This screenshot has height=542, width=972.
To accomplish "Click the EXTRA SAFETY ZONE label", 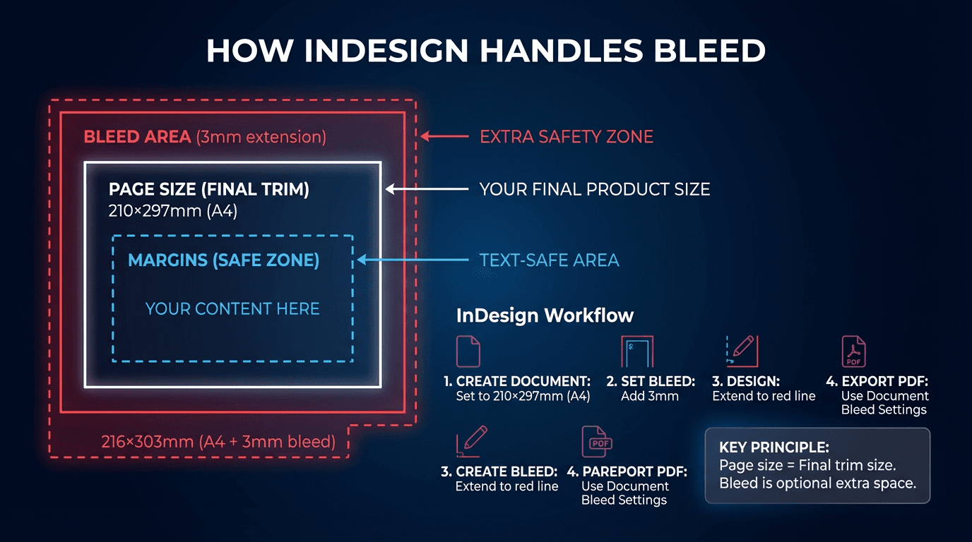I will (567, 137).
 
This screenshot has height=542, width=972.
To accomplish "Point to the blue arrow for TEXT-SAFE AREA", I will (413, 260).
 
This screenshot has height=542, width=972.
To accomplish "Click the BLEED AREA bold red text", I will (137, 137).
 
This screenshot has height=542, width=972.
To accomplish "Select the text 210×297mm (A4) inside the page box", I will (172, 210).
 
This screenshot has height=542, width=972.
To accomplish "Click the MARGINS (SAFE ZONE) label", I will (223, 260).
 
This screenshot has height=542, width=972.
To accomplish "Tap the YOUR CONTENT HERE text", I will (232, 308).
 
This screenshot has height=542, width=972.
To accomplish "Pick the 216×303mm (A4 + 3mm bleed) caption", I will (218, 442).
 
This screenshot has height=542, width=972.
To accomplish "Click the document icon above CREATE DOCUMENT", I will (468, 351).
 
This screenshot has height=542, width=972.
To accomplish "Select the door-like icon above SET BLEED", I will (637, 351).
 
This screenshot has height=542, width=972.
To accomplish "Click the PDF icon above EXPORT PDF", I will (853, 351).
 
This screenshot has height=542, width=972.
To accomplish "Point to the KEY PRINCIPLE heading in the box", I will (774, 447).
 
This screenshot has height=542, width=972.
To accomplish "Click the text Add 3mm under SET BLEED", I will (649, 396).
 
